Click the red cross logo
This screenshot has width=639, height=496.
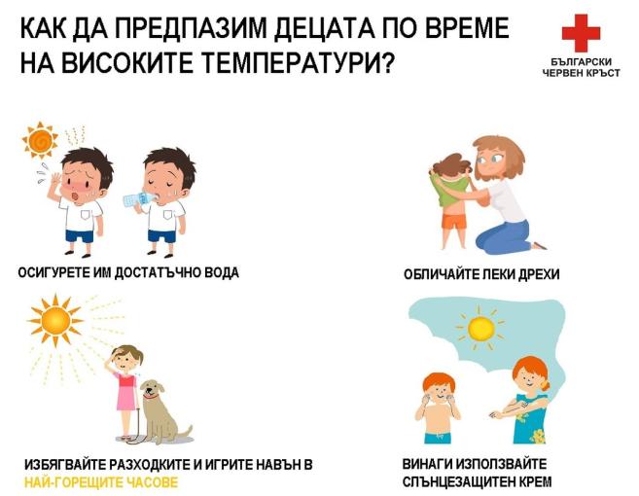pos(581,35)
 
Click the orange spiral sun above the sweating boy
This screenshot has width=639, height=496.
pos(41,142)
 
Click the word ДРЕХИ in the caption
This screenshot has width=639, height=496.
pos(536,274)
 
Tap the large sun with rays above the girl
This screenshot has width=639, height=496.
pos(54,320)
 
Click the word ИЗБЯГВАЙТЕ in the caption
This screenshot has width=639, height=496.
pos(70,465)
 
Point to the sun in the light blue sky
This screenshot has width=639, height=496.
pos(480,329)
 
